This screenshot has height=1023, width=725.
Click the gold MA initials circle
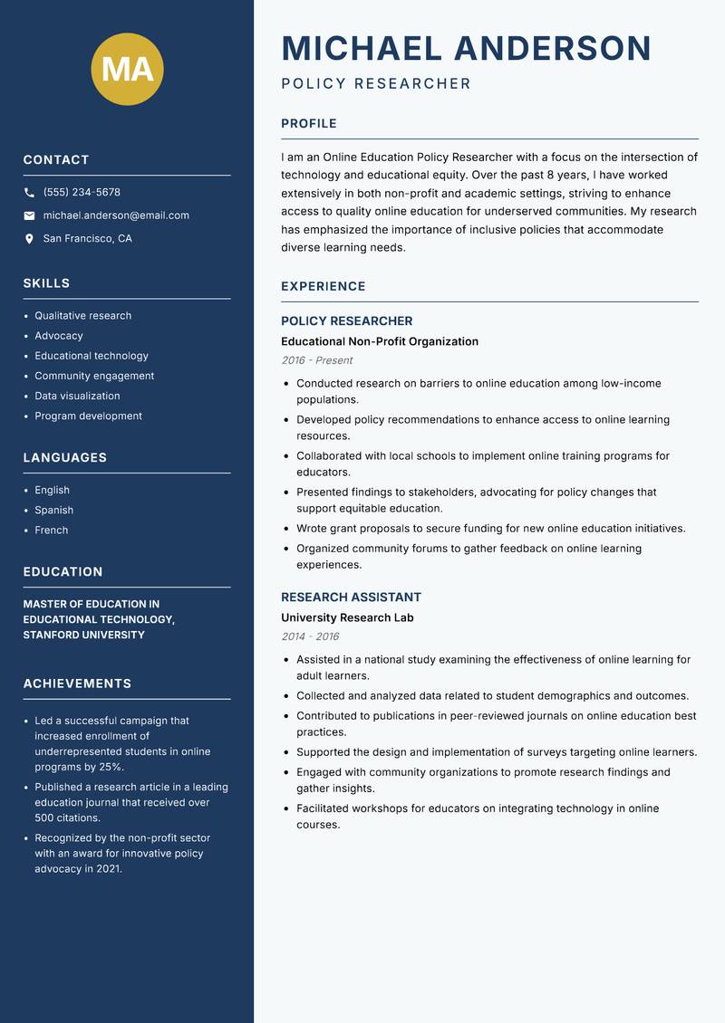127,69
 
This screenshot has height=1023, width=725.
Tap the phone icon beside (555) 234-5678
30,193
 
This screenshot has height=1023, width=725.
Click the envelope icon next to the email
30,215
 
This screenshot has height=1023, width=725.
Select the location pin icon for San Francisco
30,239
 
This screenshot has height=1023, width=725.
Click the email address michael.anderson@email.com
116,215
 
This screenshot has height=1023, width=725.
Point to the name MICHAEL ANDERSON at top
466,48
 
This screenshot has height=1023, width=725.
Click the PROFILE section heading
308,124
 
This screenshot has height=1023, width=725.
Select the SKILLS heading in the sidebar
46,283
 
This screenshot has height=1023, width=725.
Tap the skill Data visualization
77,396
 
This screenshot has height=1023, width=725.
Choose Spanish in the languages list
53,510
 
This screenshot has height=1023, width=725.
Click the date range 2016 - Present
316,360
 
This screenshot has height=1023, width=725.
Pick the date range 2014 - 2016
310,636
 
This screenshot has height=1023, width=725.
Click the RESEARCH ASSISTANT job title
351,598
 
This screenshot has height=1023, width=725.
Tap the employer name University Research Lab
347,617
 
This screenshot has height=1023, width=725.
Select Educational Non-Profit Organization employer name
379,341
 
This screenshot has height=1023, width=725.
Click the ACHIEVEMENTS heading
77,684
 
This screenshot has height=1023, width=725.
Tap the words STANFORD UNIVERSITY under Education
83,636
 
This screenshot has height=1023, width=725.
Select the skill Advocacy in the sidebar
58,336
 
